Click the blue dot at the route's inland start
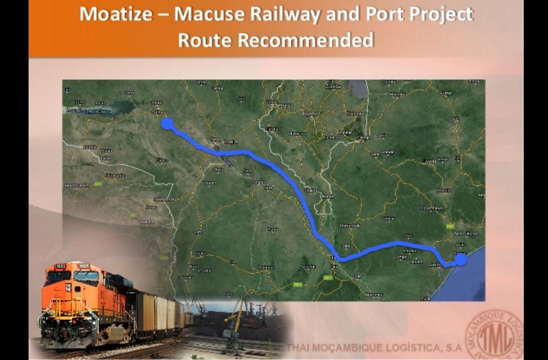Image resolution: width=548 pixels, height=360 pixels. click(x=167, y=123)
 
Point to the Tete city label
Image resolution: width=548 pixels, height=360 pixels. click(x=215, y=138)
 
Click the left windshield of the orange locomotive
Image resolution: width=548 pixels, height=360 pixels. click(x=59, y=276)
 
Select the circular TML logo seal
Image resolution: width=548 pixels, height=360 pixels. click(x=494, y=335)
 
